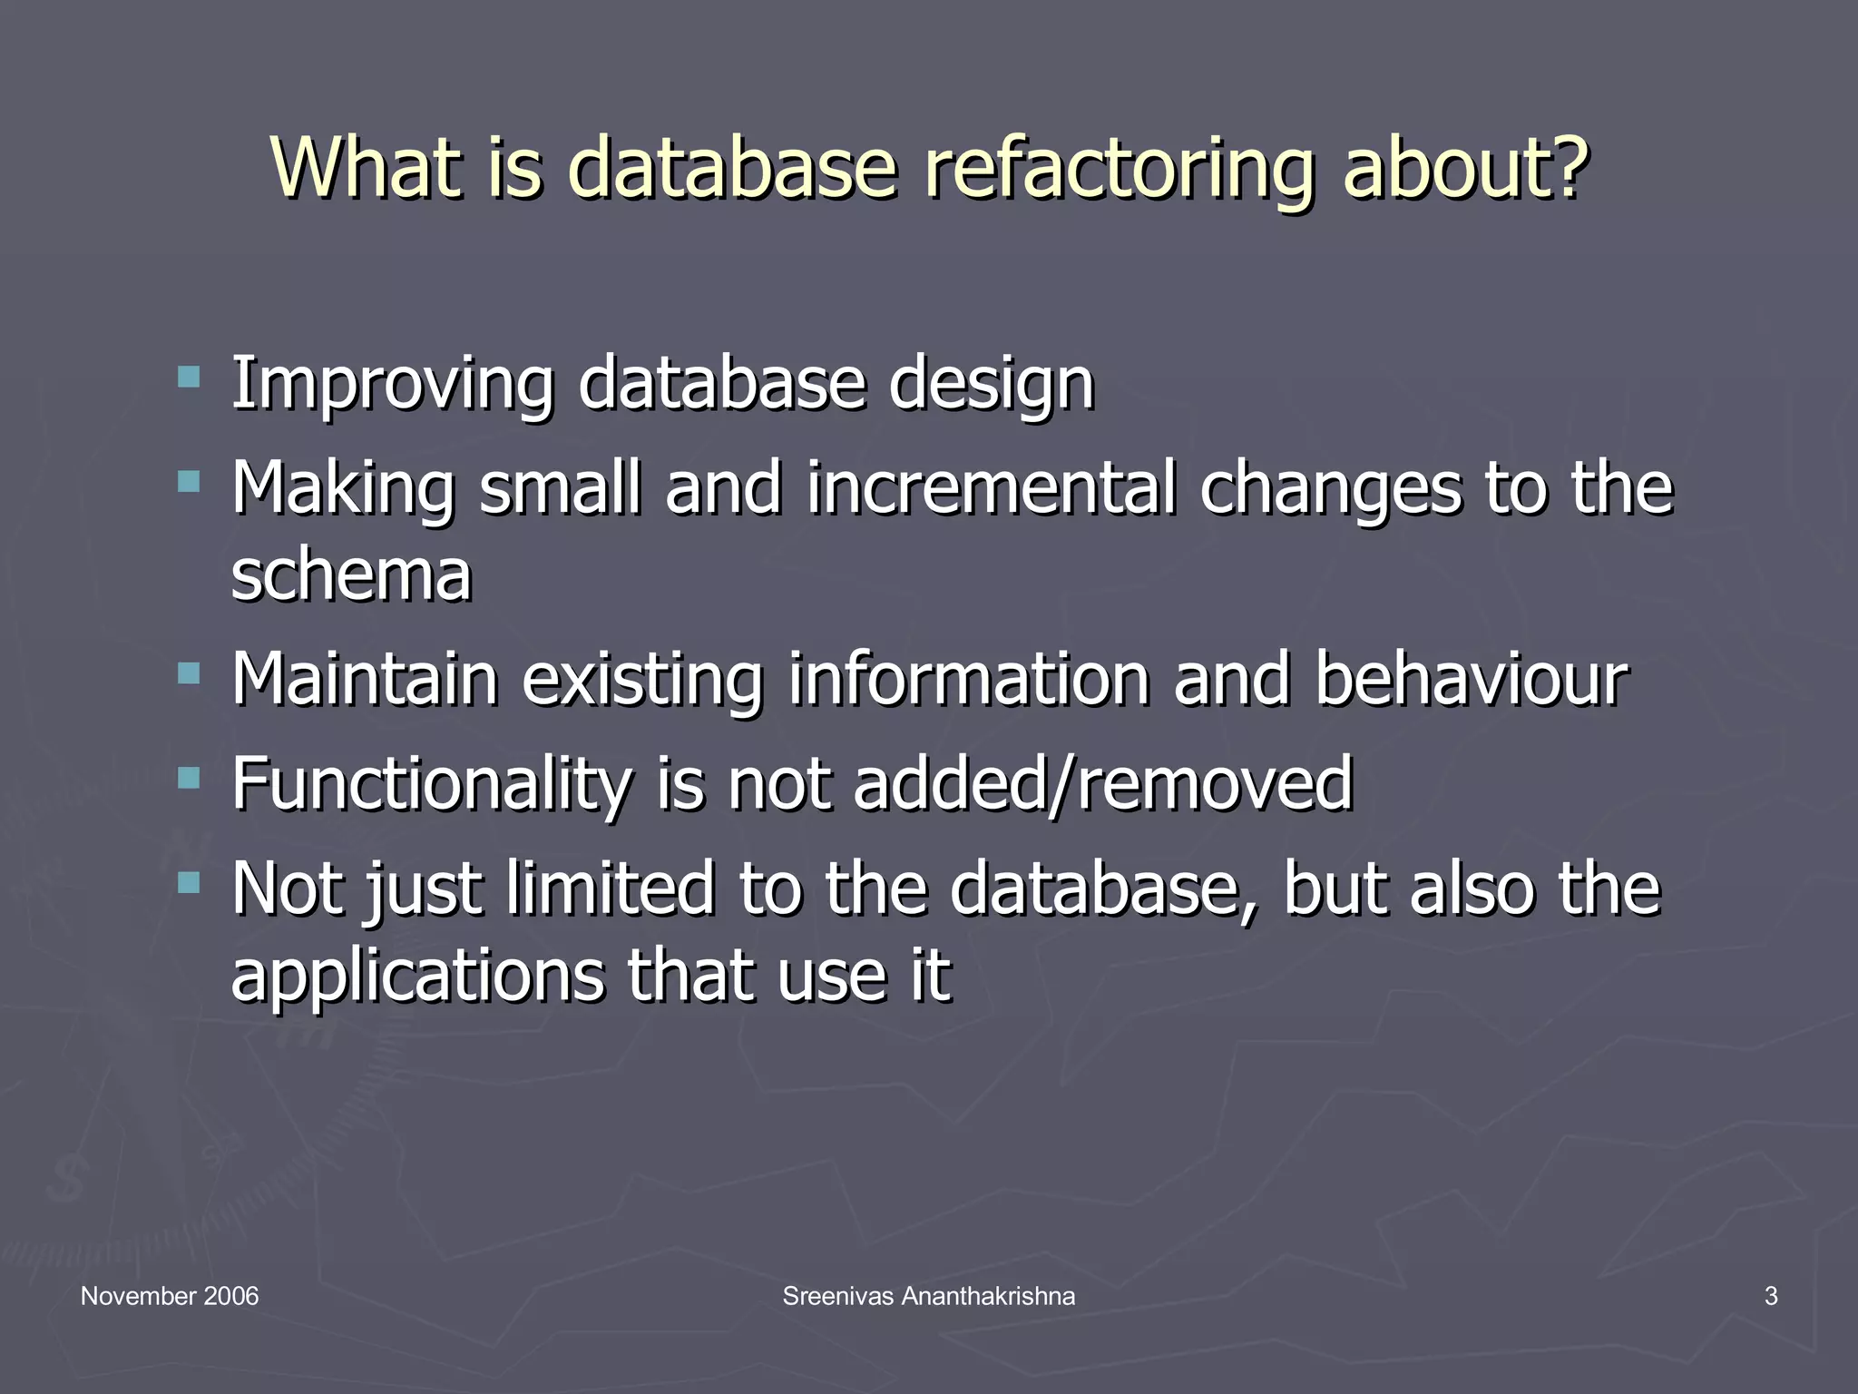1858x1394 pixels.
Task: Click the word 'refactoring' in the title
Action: (1119, 168)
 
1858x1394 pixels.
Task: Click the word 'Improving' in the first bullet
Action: (392, 385)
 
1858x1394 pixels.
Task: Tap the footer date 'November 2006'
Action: (170, 1296)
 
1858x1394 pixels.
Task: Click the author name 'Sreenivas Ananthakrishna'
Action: (929, 1296)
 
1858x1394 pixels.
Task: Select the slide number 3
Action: (1771, 1296)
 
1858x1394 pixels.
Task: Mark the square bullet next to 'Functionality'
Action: (189, 777)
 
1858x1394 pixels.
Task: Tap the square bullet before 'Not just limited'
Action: (189, 881)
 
